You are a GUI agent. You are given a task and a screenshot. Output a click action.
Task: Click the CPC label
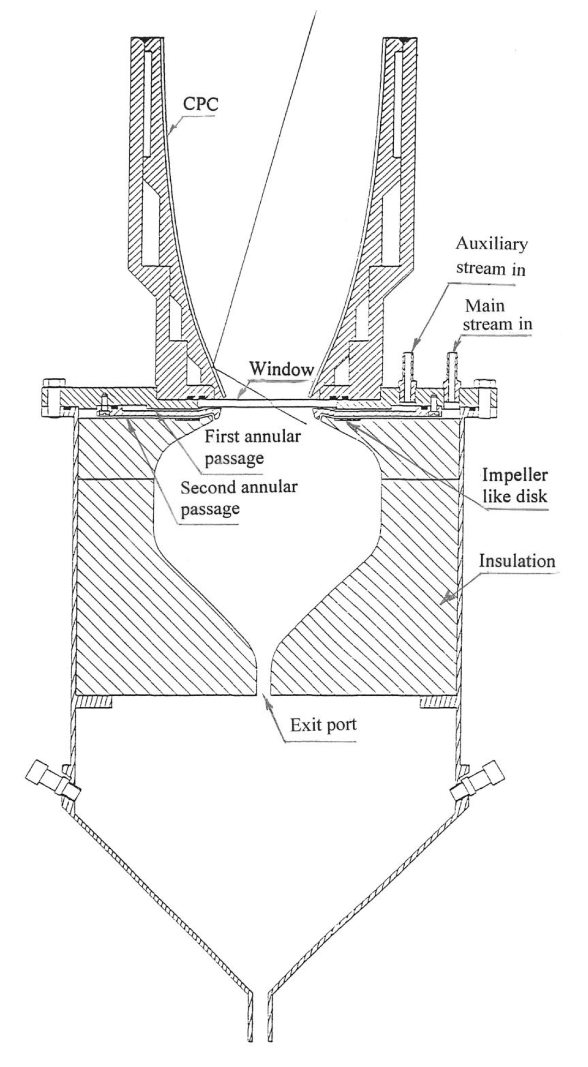[199, 104]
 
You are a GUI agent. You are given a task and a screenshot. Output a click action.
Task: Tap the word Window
[281, 369]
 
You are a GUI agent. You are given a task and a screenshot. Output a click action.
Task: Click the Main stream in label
[496, 316]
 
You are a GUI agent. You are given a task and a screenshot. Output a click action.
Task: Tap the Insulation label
[517, 560]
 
